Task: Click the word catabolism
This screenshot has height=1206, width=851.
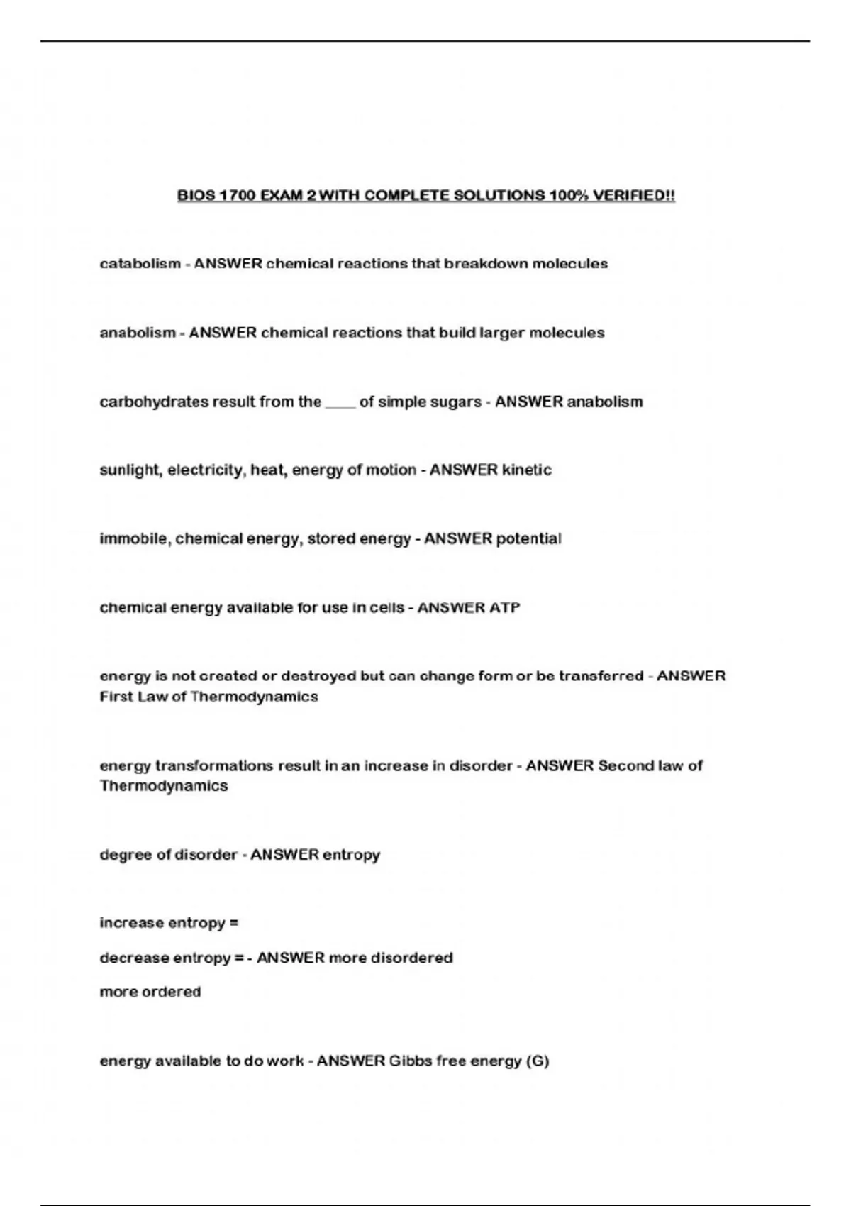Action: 140,264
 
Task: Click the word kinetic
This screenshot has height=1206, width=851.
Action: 527,470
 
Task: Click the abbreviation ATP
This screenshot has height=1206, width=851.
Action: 504,608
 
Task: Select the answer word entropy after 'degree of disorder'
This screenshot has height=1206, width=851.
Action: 352,855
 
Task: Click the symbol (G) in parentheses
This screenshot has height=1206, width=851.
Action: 537,1061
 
